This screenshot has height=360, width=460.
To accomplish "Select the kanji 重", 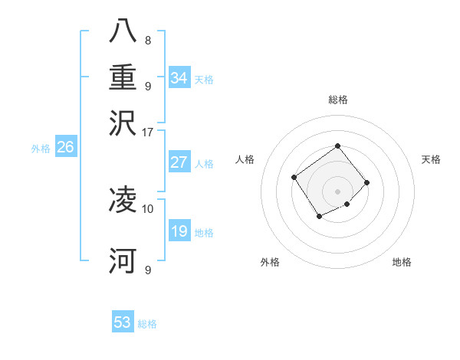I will (123, 77).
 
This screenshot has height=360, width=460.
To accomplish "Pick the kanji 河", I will (123, 260).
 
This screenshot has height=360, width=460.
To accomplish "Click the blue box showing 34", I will (179, 78).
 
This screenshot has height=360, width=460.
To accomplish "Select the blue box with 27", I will (179, 162).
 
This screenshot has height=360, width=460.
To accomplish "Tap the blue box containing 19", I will (179, 231).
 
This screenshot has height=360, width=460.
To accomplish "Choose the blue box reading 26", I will (65, 148).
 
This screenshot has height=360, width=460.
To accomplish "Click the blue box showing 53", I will (123, 322).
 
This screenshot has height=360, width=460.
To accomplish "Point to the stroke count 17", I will (148, 131).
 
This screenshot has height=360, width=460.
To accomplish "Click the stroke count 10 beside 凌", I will (148, 208).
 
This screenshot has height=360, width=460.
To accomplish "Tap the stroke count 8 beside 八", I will (148, 41).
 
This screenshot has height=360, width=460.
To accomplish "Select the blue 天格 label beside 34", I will (204, 80).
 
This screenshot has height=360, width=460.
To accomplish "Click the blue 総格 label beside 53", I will (147, 324).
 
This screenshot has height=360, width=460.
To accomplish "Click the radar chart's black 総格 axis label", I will (337, 100).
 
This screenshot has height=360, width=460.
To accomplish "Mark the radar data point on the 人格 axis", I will (294, 178).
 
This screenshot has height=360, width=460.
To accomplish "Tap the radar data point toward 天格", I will (367, 182).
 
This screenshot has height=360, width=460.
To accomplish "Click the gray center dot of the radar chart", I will (337, 191).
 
